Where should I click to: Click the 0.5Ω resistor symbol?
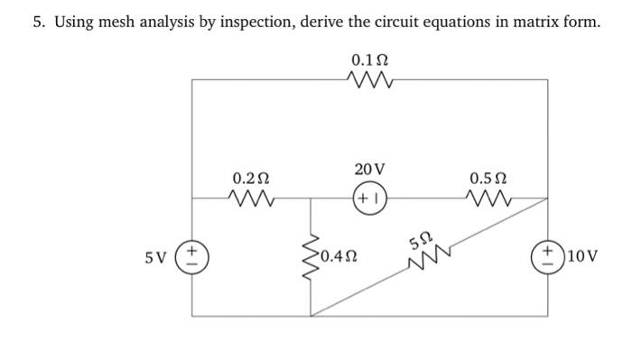[x=488, y=197]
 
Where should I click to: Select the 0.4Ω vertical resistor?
[x=312, y=255]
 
